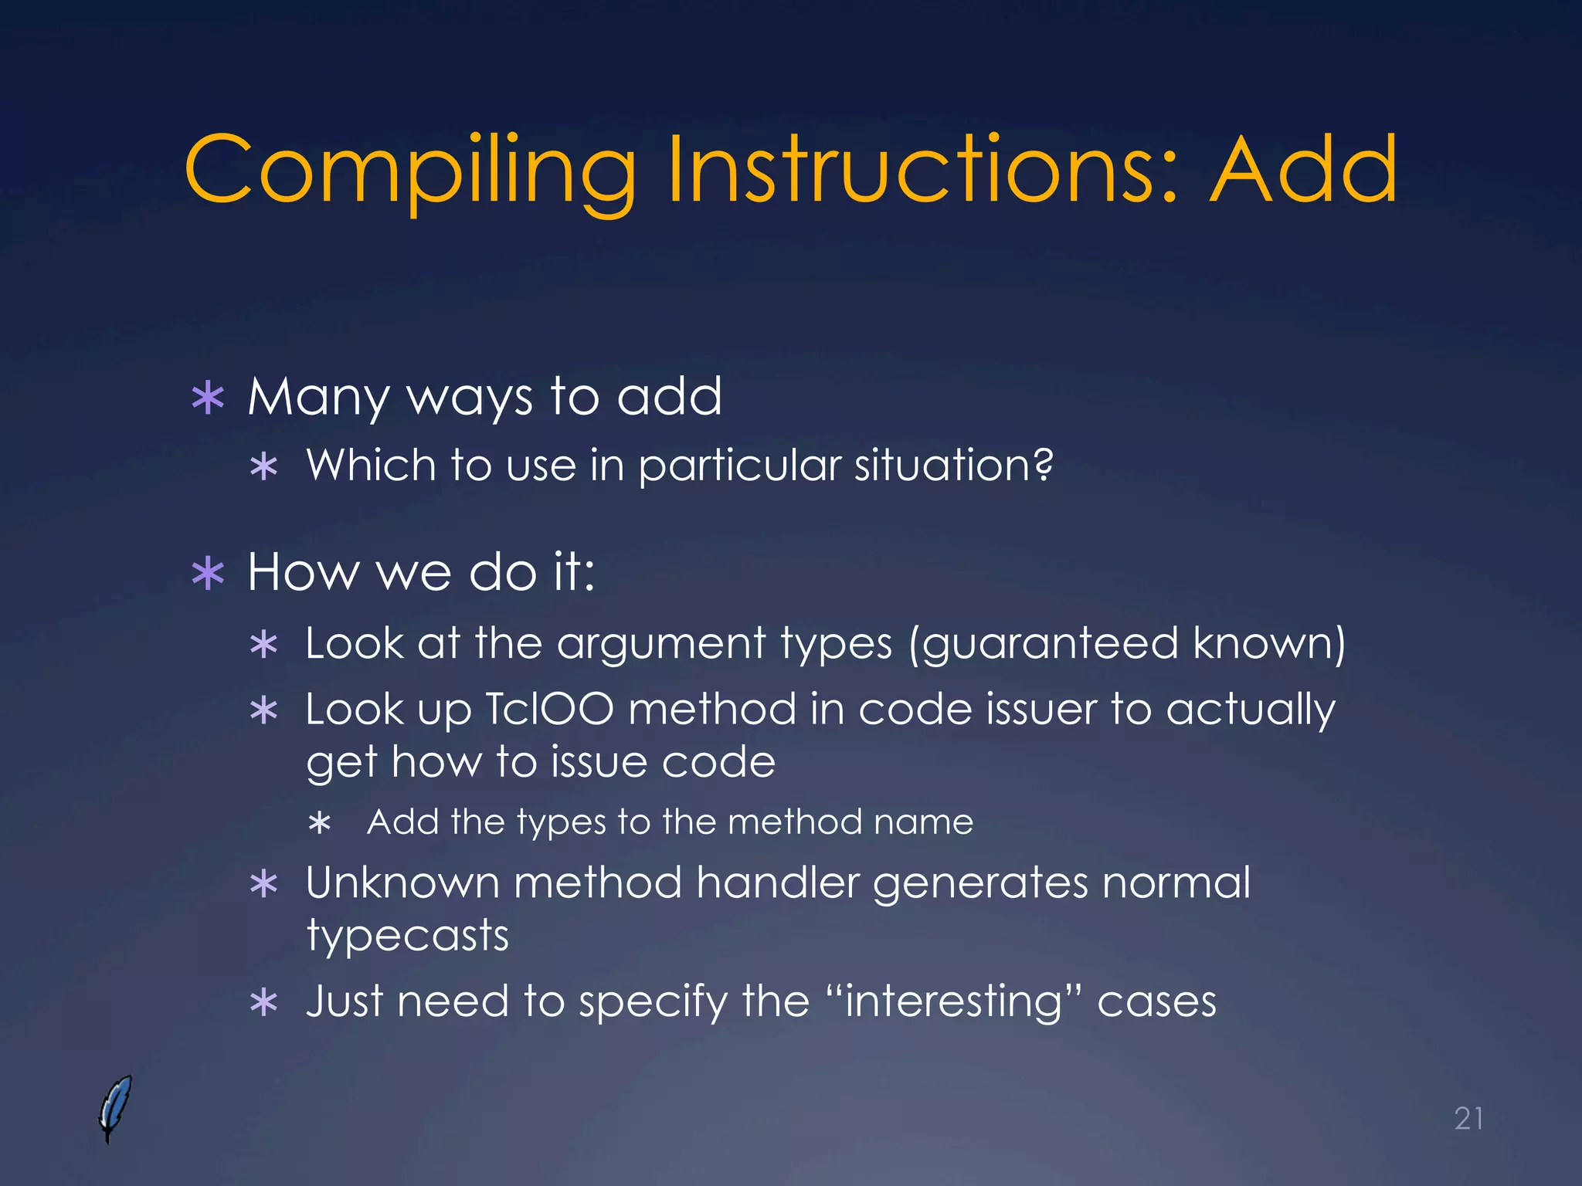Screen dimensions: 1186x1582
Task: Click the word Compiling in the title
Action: tap(410, 171)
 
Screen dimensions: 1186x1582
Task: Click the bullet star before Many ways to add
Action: tap(208, 398)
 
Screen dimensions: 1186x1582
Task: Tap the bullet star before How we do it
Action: tap(208, 574)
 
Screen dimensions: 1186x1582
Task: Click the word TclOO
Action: tap(548, 709)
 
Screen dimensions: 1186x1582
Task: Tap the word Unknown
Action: tap(402, 883)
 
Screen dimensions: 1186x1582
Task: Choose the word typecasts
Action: tap(407, 937)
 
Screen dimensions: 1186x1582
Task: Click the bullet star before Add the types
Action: tap(319, 823)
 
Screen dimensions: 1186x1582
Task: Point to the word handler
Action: tap(777, 883)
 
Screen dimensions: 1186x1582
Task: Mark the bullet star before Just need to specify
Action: tap(264, 1003)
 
